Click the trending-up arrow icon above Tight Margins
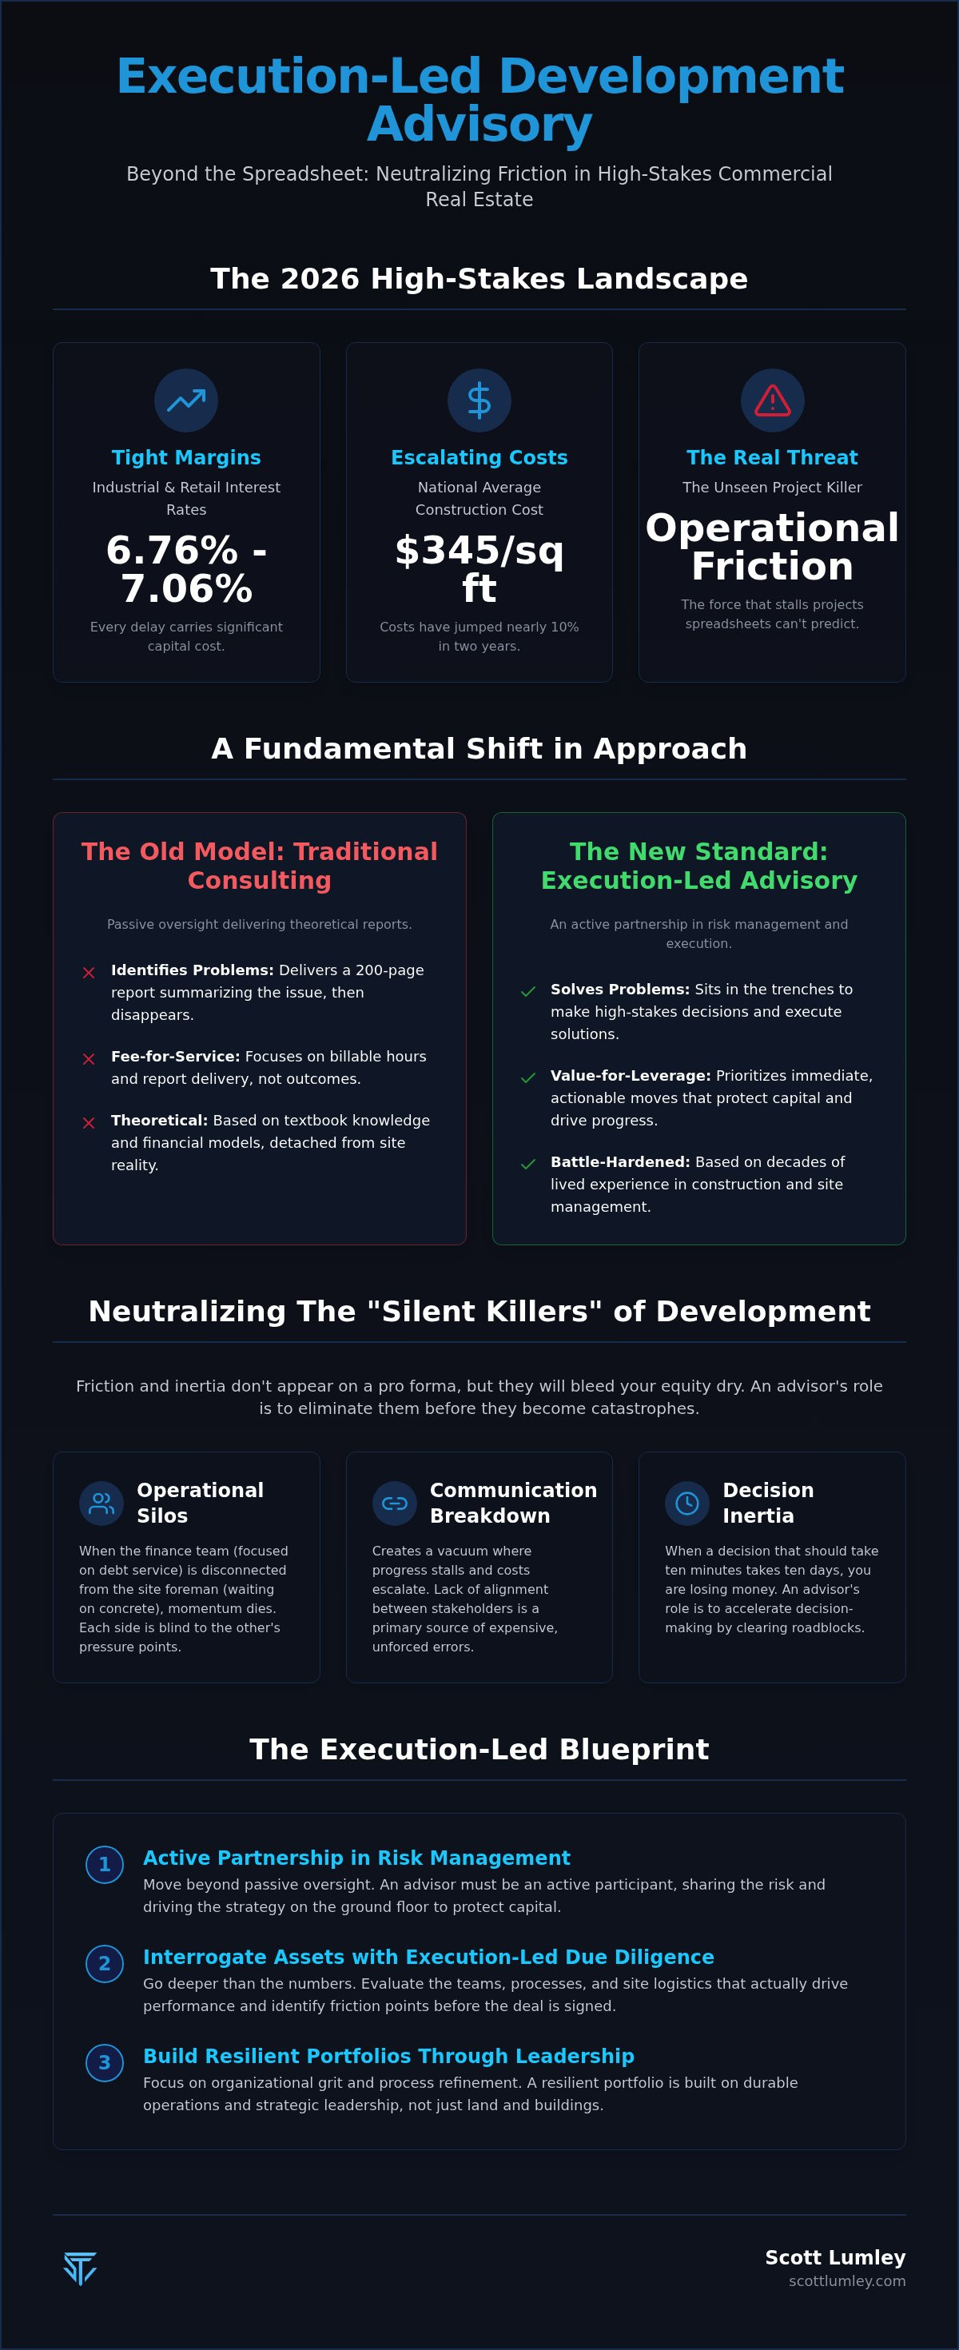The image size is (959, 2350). click(186, 400)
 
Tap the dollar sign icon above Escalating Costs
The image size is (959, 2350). click(479, 400)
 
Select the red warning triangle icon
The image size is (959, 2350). click(772, 400)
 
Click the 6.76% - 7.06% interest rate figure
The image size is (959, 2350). click(186, 569)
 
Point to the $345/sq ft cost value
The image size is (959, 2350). click(479, 569)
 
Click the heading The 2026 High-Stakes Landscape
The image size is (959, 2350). click(479, 278)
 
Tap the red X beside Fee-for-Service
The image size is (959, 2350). click(89, 1059)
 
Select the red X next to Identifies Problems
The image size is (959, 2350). click(89, 973)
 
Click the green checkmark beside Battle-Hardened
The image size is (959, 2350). click(527, 1164)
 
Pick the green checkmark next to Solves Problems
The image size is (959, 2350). click(527, 992)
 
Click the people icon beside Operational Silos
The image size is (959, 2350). click(101, 1503)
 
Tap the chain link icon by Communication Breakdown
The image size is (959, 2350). click(394, 1503)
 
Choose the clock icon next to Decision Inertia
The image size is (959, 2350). click(687, 1503)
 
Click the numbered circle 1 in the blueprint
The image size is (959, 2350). click(104, 1864)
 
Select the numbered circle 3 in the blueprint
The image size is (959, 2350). click(104, 2061)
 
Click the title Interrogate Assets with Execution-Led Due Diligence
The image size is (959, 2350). click(428, 1956)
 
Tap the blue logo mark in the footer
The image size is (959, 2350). click(80, 2268)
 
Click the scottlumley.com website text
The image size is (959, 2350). click(847, 2280)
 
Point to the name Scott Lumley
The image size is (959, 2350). click(835, 2257)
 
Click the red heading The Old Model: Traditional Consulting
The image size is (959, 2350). click(259, 866)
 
